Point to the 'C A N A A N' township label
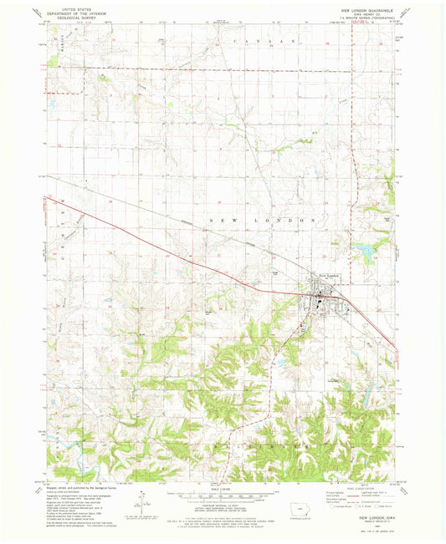point(260,40)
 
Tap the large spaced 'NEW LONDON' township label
point(260,220)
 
